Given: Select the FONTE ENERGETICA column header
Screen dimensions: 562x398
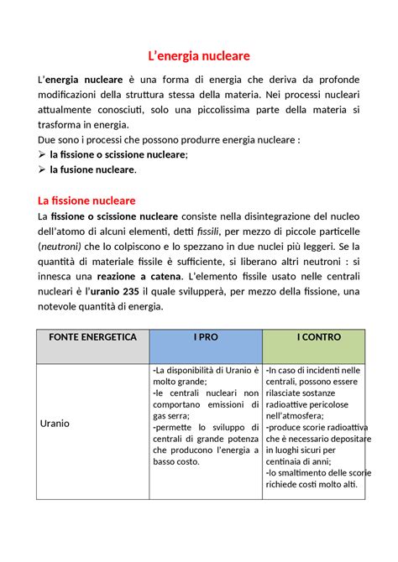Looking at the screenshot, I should [x=92, y=336].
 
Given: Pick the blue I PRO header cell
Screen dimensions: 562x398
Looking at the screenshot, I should [x=205, y=336].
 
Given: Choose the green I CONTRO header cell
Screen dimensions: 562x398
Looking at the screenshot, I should [x=313, y=336].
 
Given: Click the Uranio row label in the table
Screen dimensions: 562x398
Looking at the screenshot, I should [x=55, y=424].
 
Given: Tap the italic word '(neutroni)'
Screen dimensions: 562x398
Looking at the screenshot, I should [x=60, y=247].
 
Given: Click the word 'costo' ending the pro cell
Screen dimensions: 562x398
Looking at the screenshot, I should [x=186, y=461].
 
